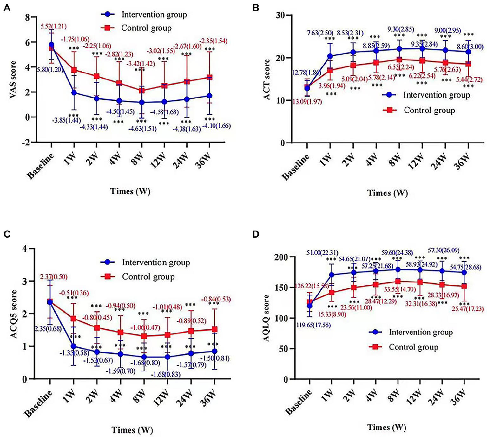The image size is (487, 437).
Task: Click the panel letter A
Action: coord(7,8)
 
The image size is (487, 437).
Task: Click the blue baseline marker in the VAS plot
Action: coord(51,45)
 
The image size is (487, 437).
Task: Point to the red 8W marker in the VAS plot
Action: coord(142,91)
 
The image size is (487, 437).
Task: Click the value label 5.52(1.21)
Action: coord(53,27)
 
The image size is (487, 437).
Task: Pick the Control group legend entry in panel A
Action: coord(146,28)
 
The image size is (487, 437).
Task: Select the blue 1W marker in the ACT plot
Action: coord(330,56)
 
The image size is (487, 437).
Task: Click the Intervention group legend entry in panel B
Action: coord(436,95)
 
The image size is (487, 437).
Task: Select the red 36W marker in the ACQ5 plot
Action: coord(214,329)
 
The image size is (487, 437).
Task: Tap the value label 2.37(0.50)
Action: coord(54,277)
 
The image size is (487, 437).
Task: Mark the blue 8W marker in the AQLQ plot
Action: coord(398,269)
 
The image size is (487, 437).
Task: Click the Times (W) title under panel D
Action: coord(386,427)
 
